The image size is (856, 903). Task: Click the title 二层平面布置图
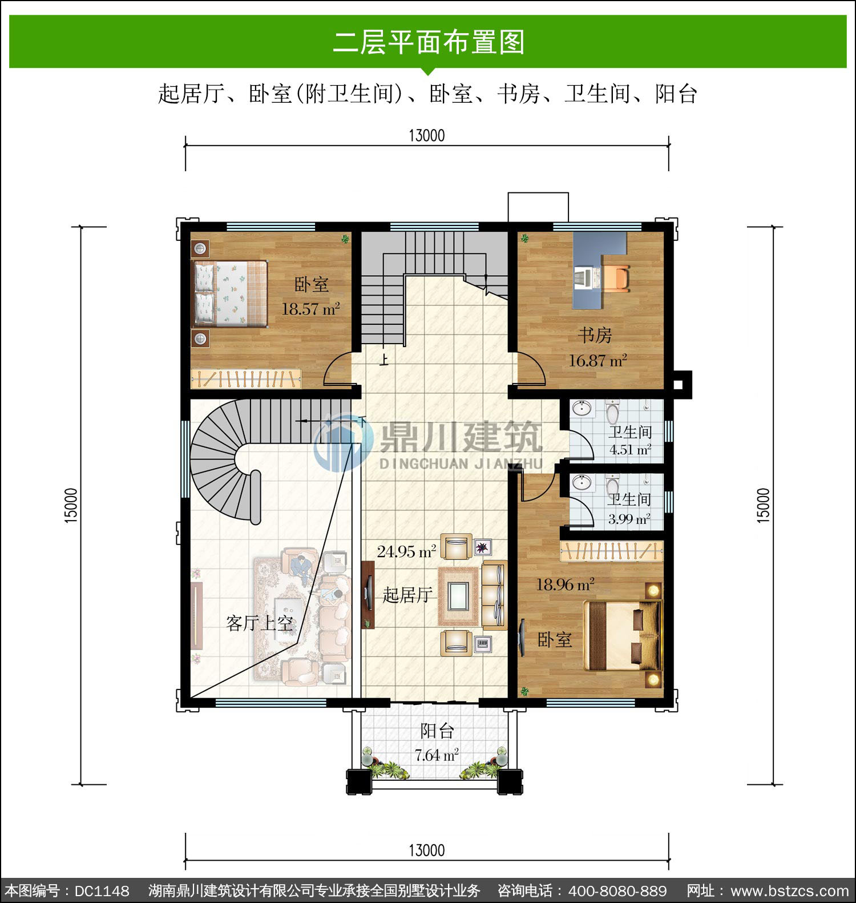[x=428, y=42]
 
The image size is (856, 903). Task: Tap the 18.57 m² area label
[x=311, y=309]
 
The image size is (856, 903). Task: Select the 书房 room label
[x=595, y=335]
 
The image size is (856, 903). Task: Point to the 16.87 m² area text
[x=597, y=361]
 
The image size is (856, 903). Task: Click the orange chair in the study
[x=616, y=278]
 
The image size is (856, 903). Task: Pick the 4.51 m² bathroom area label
[x=630, y=450]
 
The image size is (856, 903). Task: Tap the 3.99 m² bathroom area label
[x=629, y=519]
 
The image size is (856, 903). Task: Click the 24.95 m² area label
[x=407, y=551]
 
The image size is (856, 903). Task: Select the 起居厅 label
[x=407, y=595]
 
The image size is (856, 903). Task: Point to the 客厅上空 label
[x=260, y=623]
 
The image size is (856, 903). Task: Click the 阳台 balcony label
[x=437, y=731]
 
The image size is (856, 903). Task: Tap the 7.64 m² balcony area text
[x=437, y=755]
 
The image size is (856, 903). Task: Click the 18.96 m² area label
[x=565, y=584]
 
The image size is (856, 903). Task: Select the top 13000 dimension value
[x=427, y=136]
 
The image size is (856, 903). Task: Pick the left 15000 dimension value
[x=71, y=505]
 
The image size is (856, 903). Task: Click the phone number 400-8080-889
[x=618, y=891]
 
